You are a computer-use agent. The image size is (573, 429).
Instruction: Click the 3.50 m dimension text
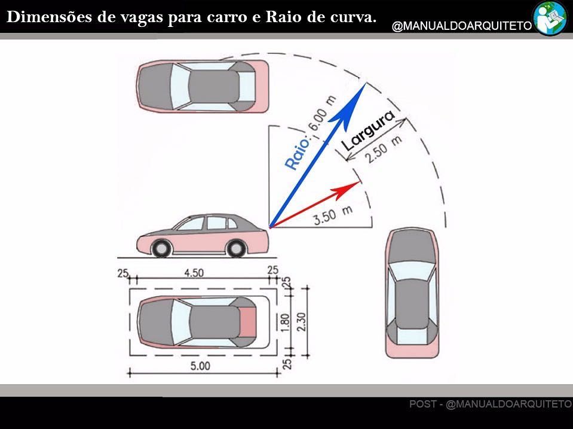tap(333, 214)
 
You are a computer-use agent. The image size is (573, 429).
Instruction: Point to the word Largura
tap(368, 130)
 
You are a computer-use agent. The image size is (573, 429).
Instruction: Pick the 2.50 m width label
tap(384, 150)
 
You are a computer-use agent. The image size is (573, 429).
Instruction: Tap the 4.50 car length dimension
tap(194, 273)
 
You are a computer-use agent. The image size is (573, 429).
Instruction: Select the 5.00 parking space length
tap(200, 366)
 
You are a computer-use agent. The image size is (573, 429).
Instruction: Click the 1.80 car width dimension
tap(286, 322)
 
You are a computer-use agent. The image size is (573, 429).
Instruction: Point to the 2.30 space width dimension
tap(302, 322)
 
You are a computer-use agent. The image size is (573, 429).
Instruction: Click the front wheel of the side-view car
tap(161, 248)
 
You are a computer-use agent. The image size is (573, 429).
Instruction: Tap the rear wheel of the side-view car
tap(235, 248)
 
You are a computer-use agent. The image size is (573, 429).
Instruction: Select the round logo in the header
tap(550, 18)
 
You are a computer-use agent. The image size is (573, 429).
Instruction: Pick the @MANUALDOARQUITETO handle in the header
tap(462, 26)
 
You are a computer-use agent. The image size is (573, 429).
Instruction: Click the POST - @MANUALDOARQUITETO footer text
tap(491, 404)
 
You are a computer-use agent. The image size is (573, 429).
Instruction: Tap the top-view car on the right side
tap(412, 293)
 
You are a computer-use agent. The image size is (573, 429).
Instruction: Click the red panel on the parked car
tap(248, 322)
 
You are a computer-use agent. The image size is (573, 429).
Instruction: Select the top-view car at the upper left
tap(203, 86)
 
